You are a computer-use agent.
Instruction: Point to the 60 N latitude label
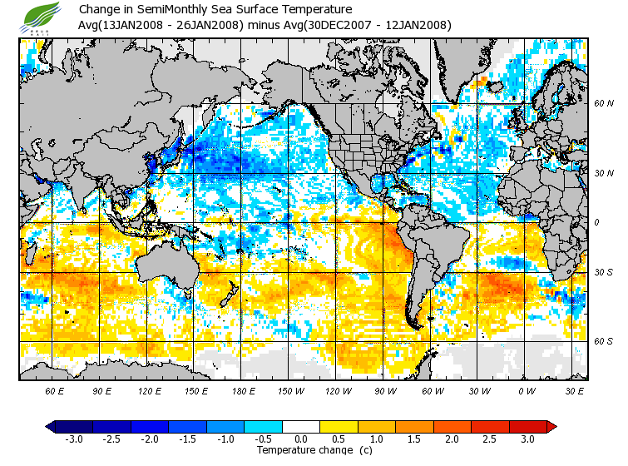603,104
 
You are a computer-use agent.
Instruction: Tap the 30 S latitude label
603,273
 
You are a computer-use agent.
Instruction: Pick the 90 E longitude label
102,390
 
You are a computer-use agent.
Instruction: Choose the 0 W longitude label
526,390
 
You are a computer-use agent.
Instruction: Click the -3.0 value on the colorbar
74,439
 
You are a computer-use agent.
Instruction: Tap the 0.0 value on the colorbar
301,439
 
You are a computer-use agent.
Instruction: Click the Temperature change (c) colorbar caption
302,450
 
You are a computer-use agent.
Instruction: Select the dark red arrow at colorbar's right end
551,426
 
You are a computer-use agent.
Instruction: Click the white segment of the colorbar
301,426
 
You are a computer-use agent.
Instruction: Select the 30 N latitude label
603,173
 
